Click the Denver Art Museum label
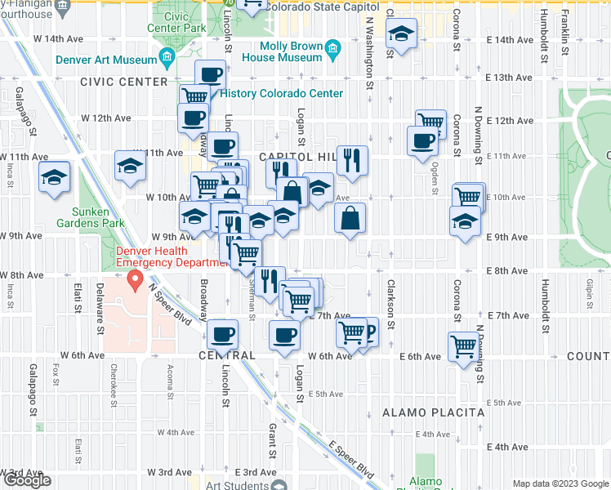click(105, 60)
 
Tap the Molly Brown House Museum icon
click(332, 48)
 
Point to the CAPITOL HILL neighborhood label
click(293, 156)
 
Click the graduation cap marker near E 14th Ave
click(401, 34)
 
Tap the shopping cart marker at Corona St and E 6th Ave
click(464, 346)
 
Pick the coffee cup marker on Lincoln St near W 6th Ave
click(222, 334)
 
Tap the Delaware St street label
click(101, 310)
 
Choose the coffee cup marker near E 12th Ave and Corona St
click(423, 140)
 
